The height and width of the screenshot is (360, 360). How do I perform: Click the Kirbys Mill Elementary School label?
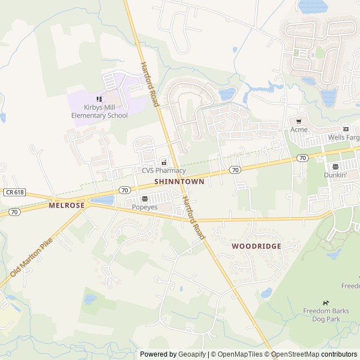coord(99,111)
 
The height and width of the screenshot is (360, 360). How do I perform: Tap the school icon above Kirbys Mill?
coord(99,99)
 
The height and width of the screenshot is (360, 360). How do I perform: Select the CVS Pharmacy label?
coord(163,170)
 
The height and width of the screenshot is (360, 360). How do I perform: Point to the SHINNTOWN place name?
coord(179,182)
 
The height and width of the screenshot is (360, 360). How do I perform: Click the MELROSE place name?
coord(66,206)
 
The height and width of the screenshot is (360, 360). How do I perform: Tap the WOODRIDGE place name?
coord(256,246)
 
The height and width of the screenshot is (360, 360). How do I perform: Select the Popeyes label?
coord(144,207)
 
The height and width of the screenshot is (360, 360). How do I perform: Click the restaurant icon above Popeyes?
coord(145,199)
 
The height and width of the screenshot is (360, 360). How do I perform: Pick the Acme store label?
coord(299,129)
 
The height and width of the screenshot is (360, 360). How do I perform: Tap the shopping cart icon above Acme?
coord(299,121)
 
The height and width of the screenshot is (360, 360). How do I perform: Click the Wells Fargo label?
coord(344,137)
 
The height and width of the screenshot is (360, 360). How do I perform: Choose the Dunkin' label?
coord(335,175)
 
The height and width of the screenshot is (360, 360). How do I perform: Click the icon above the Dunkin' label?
coord(335,166)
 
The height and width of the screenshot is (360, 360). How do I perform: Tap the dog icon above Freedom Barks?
coord(325,303)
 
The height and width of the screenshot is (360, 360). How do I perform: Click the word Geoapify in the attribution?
coord(192,354)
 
